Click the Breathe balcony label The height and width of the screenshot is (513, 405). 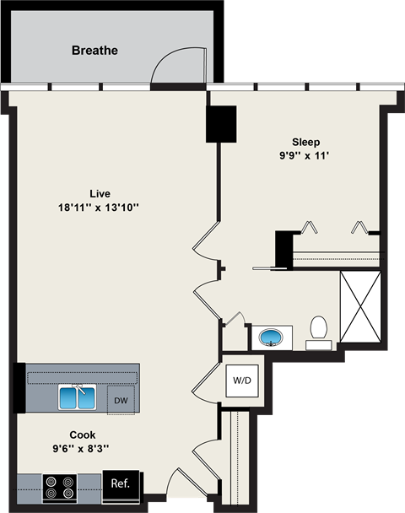pos(94,51)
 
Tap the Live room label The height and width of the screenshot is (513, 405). pos(100,192)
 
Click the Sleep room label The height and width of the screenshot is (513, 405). pos(306,142)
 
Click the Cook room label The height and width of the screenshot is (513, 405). pos(82,435)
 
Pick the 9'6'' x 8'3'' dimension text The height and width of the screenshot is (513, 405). pos(83,449)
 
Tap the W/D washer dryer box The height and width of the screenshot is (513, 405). pos(242,379)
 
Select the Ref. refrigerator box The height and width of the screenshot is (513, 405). pos(119,483)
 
